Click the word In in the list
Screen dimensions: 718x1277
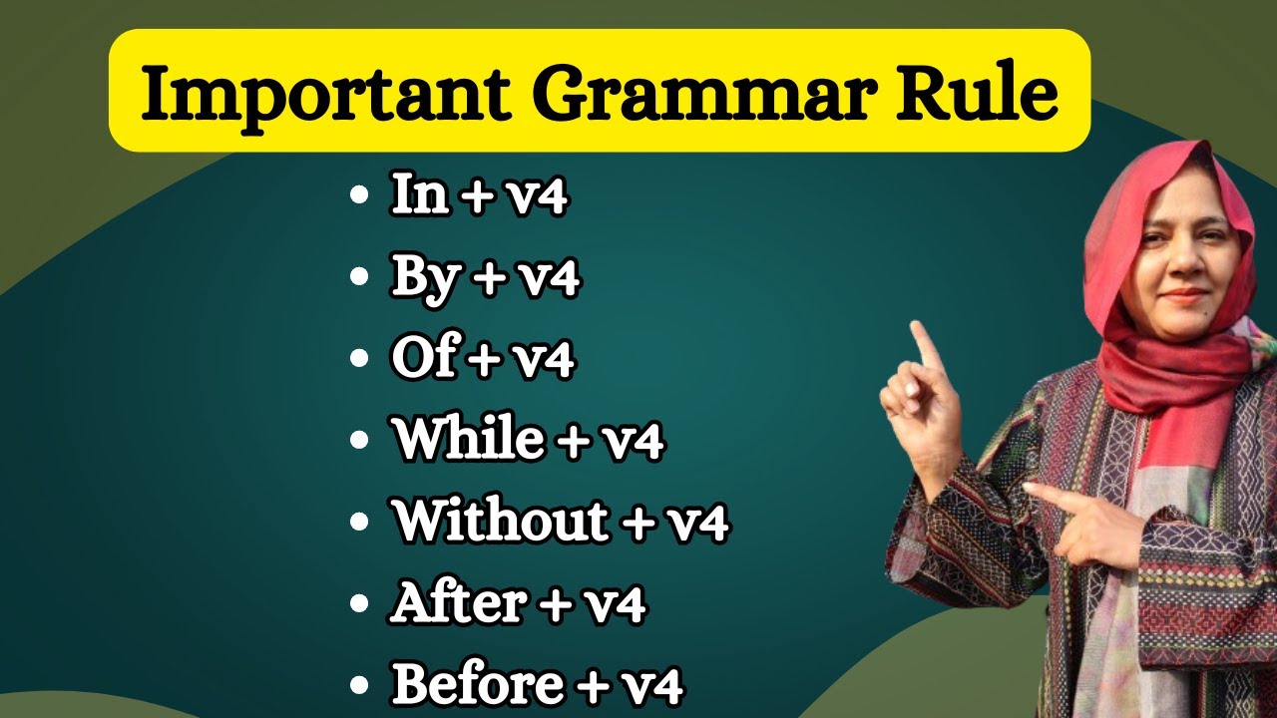pos(419,196)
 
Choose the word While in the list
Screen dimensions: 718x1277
pos(469,441)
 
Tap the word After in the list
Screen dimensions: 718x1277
pos(458,603)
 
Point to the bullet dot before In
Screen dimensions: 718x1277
pos(360,198)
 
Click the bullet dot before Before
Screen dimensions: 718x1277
pos(360,687)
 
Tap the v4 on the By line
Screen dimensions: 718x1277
pos(545,278)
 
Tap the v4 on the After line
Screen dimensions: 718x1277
pos(612,603)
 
